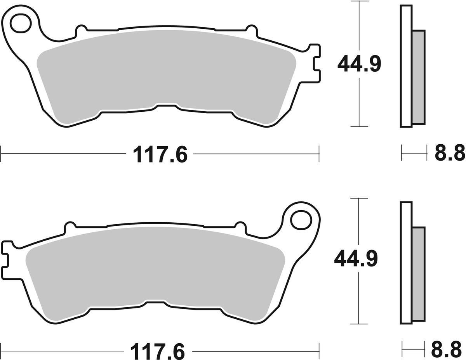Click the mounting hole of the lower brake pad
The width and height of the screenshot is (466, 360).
[x=301, y=220]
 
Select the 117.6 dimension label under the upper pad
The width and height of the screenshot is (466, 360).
[x=160, y=154]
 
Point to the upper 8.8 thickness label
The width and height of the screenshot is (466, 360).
[x=449, y=153]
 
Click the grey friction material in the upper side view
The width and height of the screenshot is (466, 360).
[x=418, y=78]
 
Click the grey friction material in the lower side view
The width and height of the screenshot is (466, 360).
[x=418, y=275]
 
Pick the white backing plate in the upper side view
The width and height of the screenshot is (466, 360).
[x=406, y=66]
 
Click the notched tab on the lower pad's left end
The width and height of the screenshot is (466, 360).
[x=7, y=258]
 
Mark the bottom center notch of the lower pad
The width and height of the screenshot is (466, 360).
[x=155, y=302]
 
